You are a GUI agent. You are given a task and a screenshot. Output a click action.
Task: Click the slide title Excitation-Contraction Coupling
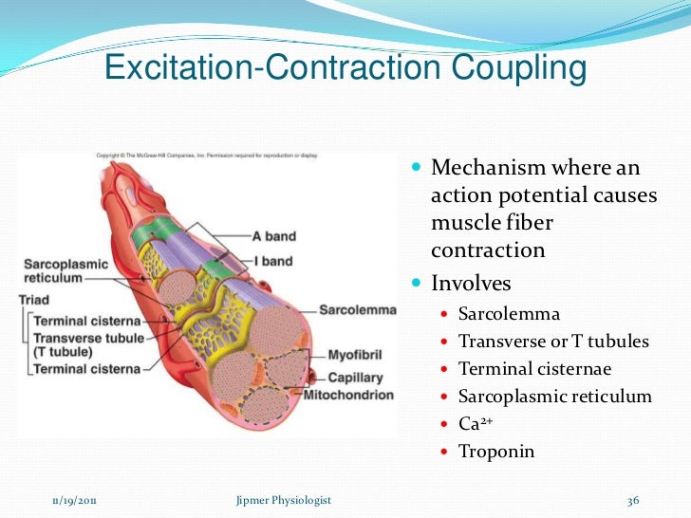345,69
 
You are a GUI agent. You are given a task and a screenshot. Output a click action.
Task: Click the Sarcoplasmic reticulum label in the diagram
65,271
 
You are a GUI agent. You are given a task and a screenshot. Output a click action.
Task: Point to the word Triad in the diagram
34,300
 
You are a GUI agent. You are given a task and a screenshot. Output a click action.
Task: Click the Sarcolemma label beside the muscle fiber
356,310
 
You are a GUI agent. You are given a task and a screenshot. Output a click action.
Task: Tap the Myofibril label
355,355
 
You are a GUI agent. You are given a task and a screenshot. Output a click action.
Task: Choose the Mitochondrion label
348,394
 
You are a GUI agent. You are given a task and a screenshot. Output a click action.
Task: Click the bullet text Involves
471,284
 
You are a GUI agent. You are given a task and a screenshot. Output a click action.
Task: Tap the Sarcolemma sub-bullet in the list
509,314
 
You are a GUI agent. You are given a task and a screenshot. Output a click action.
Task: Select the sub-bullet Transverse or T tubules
553,342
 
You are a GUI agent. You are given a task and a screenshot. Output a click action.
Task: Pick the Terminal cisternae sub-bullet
534,369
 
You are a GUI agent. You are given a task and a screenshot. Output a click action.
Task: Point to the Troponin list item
496,452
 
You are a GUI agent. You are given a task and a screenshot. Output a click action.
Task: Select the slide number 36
634,501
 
